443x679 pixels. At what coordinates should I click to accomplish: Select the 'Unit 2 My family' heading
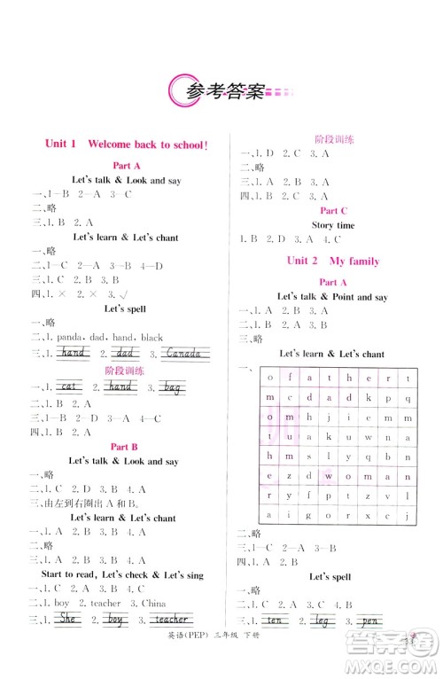click(332, 261)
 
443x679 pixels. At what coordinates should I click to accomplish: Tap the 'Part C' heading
click(333, 211)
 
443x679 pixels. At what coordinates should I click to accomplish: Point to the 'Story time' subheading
click(333, 225)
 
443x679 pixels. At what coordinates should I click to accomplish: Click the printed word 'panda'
click(68, 338)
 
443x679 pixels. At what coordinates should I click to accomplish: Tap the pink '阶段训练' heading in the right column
click(335, 139)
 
